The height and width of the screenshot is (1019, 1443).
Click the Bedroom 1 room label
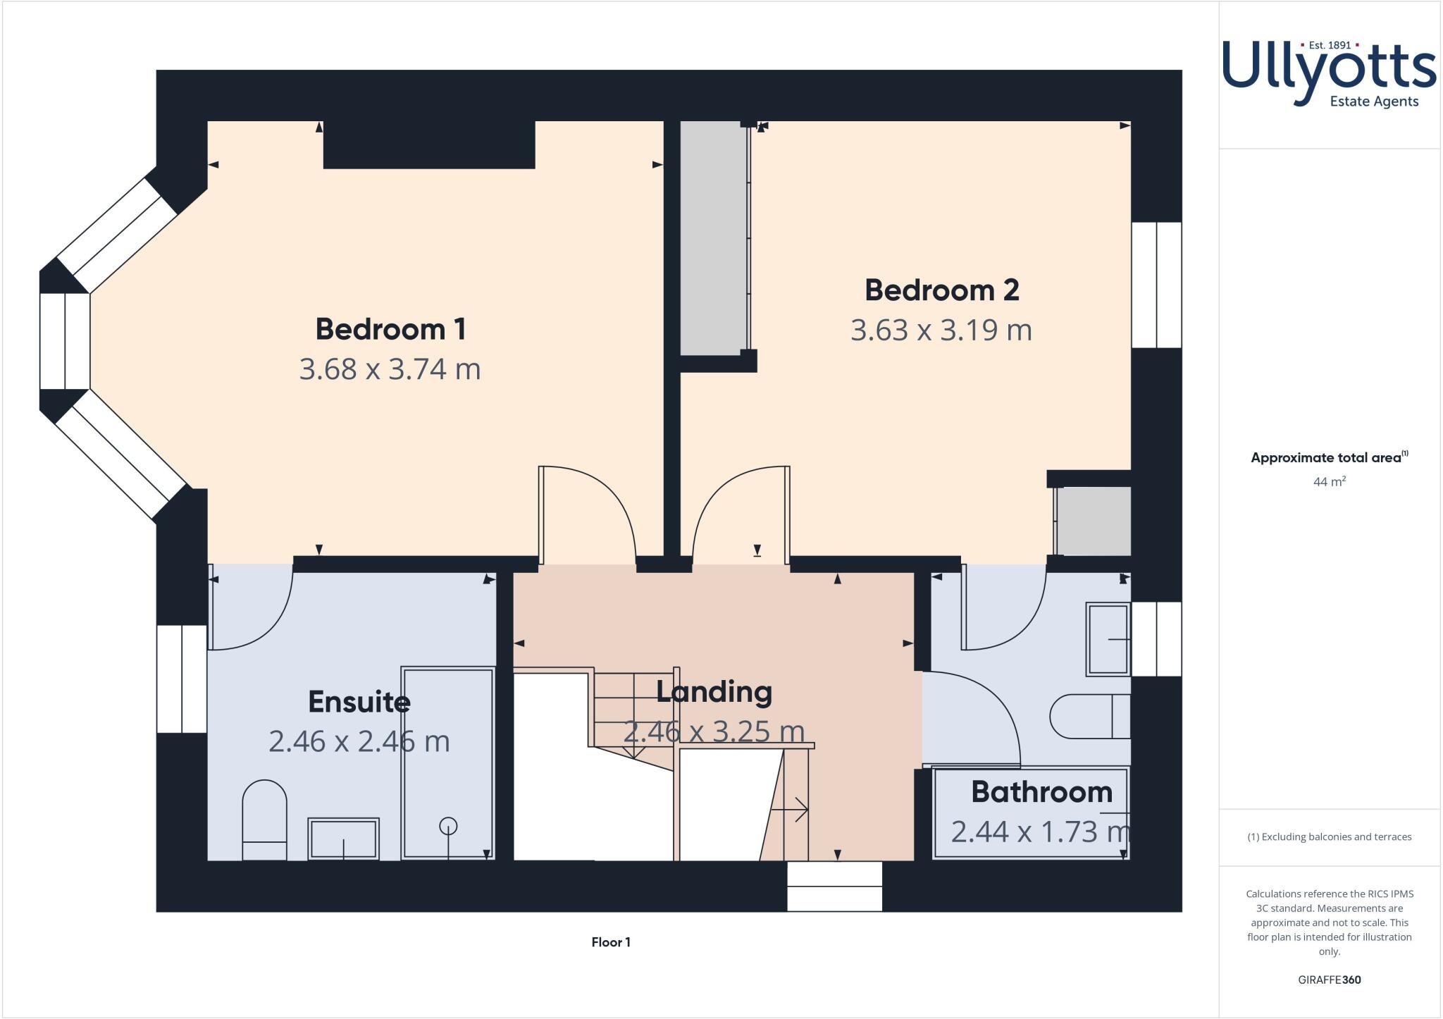coord(390,329)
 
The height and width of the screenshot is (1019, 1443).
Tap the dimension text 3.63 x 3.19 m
coord(941,331)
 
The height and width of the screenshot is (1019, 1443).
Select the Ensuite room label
coord(359,702)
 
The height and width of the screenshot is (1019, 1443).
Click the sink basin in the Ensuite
coord(343,839)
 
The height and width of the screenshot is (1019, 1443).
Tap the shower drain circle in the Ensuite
coord(448,826)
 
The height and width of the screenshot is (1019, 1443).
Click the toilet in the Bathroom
coord(1089,717)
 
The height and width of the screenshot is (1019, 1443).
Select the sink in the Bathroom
coord(1108,639)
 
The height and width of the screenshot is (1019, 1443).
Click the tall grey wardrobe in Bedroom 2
coord(712,238)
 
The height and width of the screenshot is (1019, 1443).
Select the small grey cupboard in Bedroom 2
coord(1093,521)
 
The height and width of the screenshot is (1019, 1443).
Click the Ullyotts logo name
coord(1328,70)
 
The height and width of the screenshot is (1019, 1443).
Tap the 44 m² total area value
coord(1329,482)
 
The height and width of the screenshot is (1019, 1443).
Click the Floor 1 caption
coord(611,942)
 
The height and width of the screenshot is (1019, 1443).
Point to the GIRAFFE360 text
coord(1329,980)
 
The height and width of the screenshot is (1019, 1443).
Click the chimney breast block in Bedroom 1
coord(428,144)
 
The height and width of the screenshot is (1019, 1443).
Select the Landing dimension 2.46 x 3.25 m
coord(713,731)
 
